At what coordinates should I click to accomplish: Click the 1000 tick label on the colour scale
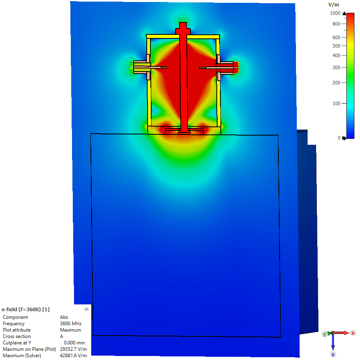coord(335,13)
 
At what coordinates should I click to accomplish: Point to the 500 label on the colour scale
coord(336,46)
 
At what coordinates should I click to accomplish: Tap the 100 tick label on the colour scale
coord(336,104)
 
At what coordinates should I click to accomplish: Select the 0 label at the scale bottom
coord(339,138)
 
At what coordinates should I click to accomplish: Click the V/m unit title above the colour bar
coord(334,5)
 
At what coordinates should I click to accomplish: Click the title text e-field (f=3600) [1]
coord(26,309)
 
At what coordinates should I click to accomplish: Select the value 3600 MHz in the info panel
coord(71,324)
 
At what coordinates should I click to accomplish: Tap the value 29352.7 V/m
coord(73,349)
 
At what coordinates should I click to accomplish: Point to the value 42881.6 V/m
coord(73,356)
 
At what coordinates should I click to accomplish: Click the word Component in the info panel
coord(15,317)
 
